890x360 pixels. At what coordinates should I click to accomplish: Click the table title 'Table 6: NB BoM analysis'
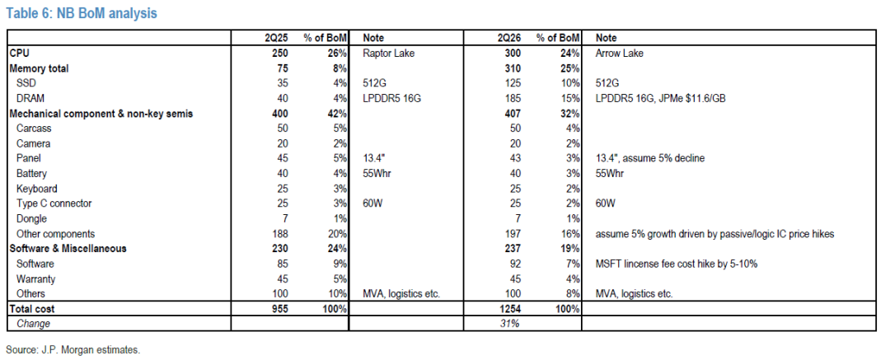pos(81,13)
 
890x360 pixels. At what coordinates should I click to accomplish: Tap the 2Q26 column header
pos(508,38)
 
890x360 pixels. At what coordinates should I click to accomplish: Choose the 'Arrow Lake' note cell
pos(619,54)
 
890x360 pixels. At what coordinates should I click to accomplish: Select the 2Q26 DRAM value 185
pos(513,98)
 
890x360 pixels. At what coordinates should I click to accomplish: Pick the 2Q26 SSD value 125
pos(513,83)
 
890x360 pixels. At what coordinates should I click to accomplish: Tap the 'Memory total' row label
pos(40,68)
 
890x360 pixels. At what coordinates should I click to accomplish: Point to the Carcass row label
pos(33,129)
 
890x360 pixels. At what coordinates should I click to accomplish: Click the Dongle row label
pos(32,218)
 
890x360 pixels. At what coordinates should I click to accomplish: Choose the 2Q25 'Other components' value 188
pos(280,234)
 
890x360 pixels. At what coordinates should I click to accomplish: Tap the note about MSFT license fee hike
pos(677,264)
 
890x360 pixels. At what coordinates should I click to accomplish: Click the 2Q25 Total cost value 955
pos(280,309)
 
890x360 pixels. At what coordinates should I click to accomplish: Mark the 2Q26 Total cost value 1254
pos(510,309)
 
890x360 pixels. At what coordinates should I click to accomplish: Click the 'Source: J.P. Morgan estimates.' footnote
pos(73,350)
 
